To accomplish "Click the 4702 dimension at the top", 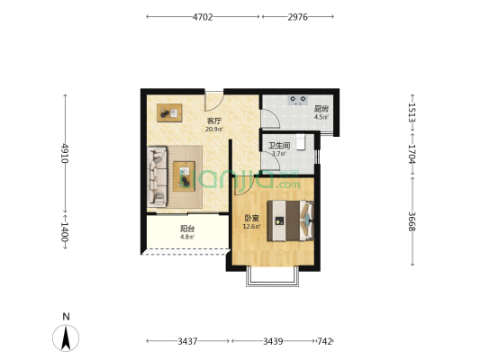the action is point(203,17).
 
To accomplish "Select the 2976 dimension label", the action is point(297,17).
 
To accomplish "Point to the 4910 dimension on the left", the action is point(64,153).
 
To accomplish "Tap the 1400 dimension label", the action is point(64,231).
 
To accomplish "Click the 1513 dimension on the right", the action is point(412,112).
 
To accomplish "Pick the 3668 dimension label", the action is point(412,221).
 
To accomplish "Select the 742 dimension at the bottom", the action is point(325,341).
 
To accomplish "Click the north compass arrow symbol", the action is point(66,337).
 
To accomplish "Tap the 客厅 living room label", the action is point(214,121).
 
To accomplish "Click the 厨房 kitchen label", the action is point(322,109).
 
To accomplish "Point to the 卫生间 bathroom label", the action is point(279,146).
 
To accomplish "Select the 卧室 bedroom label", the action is point(251,219).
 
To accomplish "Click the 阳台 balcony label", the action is point(187,229).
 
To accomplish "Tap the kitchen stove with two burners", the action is point(298,100).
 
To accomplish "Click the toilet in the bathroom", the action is point(301,142).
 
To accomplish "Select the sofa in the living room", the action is point(157,176).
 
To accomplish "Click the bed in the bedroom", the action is point(291,220).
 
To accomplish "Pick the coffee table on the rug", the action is point(184,176).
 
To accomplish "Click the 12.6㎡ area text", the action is point(251,227).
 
